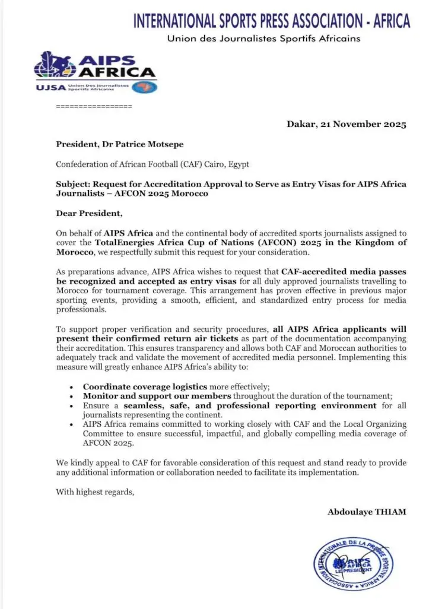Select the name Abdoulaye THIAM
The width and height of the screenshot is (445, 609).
367,512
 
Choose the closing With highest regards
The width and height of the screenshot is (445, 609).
94,491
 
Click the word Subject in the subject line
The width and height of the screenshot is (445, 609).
73,184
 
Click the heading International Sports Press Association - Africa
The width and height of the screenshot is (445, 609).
271,21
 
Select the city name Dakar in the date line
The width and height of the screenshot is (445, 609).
301,125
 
